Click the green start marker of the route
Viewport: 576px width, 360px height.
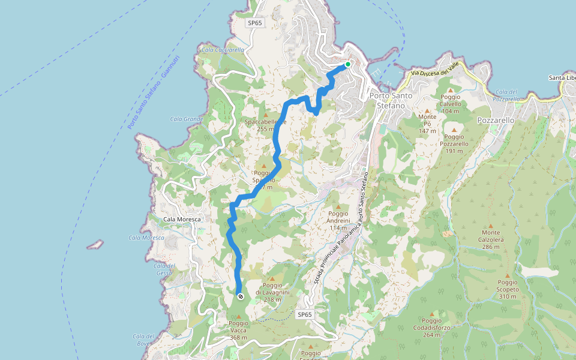click(x=347, y=64)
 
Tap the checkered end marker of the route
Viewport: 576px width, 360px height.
click(x=240, y=296)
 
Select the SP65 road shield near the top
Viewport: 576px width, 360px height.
click(x=255, y=23)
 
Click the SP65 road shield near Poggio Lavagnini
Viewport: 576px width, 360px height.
click(x=305, y=314)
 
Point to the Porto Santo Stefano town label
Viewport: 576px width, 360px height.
click(x=386, y=100)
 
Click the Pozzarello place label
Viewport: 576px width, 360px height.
click(x=496, y=120)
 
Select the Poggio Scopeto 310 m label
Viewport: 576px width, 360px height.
click(x=508, y=289)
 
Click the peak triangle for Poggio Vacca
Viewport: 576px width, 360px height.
click(x=238, y=316)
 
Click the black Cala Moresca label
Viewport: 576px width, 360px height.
click(x=181, y=220)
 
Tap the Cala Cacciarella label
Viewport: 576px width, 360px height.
click(x=223, y=50)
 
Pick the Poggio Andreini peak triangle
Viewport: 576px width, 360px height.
click(x=338, y=206)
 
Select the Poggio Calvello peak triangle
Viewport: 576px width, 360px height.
click(x=451, y=89)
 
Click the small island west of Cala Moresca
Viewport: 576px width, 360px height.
click(x=94, y=245)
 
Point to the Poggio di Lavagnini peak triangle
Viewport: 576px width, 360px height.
click(x=272, y=278)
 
